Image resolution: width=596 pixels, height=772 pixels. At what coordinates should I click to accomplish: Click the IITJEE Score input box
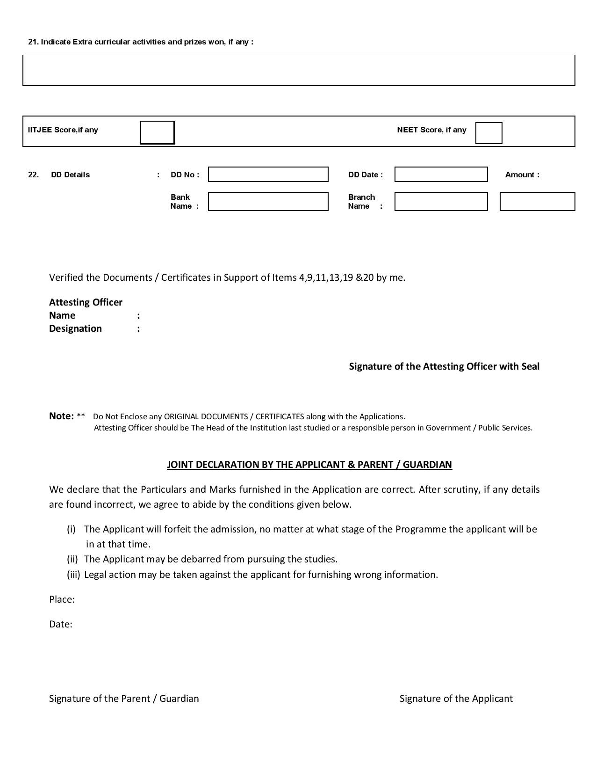coord(157,132)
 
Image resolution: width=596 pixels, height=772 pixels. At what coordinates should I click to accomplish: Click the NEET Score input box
coord(488,133)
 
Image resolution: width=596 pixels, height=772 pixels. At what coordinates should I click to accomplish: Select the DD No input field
coord(268,175)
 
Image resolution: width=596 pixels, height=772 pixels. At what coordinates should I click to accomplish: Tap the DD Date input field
coord(441,175)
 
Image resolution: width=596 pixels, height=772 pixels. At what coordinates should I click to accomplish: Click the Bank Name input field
coord(268,202)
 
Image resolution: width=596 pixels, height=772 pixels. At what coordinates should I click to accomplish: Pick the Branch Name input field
coord(441,202)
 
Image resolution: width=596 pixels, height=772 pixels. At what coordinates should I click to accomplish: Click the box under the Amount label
coord(537,202)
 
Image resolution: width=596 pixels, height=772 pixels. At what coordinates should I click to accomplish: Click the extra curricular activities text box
coord(299,70)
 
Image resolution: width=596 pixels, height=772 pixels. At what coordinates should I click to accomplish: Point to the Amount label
coord(522,175)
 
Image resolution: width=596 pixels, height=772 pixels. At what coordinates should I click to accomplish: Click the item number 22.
coord(33,175)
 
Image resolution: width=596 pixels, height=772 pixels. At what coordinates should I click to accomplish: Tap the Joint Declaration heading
coord(309,465)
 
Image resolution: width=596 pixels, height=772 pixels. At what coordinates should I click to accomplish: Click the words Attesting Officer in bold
coord(86,302)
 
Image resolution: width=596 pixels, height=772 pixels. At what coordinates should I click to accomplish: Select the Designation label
coord(75,328)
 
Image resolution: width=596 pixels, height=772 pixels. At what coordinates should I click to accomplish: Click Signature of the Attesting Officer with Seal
coord(444,366)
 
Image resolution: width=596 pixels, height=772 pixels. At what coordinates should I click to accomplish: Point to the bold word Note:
coord(61,416)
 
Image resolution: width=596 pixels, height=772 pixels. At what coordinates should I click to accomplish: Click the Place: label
coord(62,600)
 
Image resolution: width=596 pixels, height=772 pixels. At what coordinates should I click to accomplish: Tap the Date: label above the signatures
coord(60,624)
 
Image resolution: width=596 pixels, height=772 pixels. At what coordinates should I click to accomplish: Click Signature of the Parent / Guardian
coord(124,699)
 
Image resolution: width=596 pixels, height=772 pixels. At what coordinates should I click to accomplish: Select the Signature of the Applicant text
coord(456,699)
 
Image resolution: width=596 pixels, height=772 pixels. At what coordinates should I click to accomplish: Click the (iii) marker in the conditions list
coord(73,575)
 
